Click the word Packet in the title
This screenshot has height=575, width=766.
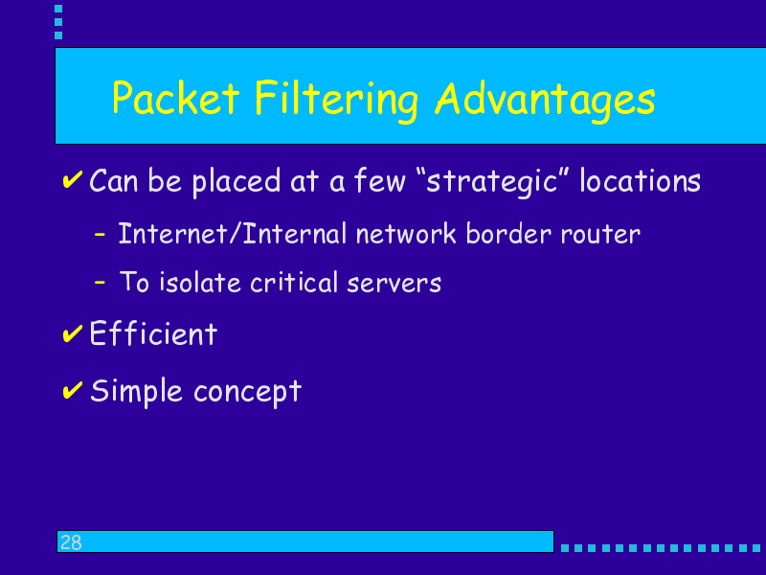pyautogui.click(x=176, y=98)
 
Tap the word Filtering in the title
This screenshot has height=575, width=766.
pyautogui.click(x=336, y=101)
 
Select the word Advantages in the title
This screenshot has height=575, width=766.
pyautogui.click(x=545, y=101)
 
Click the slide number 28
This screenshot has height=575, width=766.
pyautogui.click(x=71, y=542)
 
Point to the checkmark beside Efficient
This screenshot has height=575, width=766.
pyautogui.click(x=73, y=333)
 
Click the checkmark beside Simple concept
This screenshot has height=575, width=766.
pyautogui.click(x=73, y=391)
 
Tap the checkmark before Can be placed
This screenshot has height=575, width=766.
pyautogui.click(x=73, y=179)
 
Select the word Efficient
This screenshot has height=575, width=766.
pyautogui.click(x=153, y=333)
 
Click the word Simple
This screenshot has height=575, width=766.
pyautogui.click(x=136, y=392)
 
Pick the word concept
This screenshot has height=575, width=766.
pyautogui.click(x=248, y=393)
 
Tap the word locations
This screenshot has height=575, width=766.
pyautogui.click(x=640, y=180)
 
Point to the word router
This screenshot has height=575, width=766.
pyautogui.click(x=600, y=235)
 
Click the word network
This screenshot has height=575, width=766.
pyautogui.click(x=406, y=233)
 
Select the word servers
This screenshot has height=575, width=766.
pyautogui.click(x=394, y=283)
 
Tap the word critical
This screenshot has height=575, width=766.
pyautogui.click(x=294, y=282)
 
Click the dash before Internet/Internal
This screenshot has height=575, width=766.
pyautogui.click(x=100, y=235)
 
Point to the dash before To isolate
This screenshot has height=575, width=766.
pyautogui.click(x=100, y=282)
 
